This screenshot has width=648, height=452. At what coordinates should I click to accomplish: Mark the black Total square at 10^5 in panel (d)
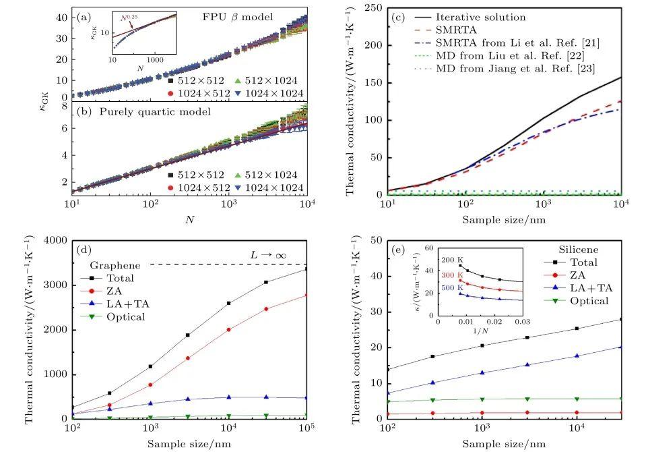coord(306,269)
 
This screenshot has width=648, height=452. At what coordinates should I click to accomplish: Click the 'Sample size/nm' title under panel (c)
coord(504,219)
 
